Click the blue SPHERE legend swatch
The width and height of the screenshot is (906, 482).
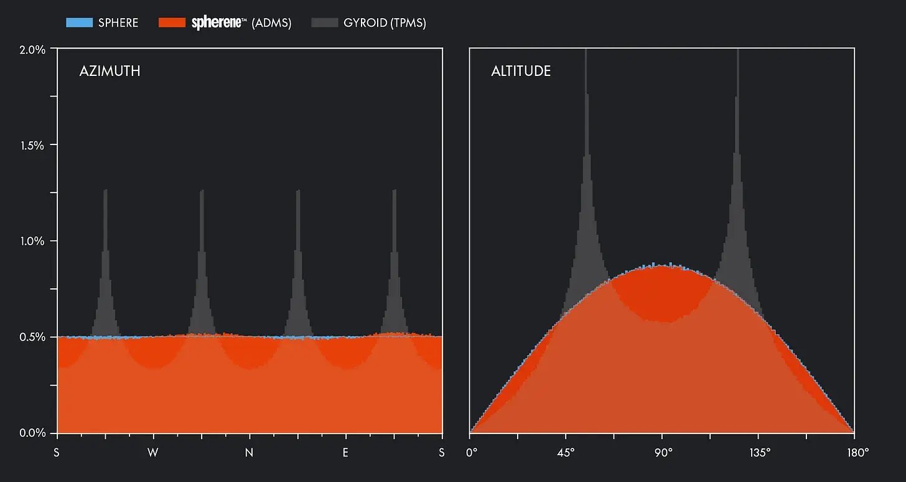click(x=79, y=23)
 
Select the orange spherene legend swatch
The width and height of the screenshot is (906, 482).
click(x=172, y=23)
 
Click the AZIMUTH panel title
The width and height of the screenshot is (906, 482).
click(x=110, y=71)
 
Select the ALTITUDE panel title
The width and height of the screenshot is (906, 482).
click(x=521, y=71)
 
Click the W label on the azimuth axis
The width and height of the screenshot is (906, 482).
click(x=153, y=453)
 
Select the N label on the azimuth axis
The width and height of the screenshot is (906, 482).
click(x=250, y=453)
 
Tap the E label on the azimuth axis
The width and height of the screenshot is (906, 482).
click(x=345, y=453)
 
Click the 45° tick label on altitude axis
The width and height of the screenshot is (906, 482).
click(x=566, y=453)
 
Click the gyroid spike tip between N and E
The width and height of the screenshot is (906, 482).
click(x=298, y=191)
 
